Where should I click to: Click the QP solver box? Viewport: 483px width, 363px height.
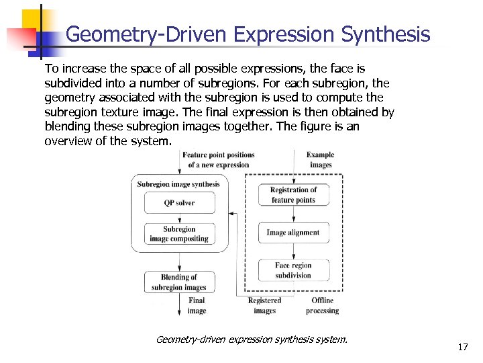[179, 202]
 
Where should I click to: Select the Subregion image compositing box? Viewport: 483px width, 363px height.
[179, 234]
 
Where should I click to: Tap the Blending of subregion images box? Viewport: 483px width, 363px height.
[179, 282]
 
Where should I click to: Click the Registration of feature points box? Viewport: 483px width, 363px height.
[293, 195]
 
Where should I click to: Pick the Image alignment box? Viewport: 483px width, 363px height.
[293, 233]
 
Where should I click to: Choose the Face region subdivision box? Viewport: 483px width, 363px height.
[293, 270]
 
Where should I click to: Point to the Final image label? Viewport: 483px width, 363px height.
[197, 306]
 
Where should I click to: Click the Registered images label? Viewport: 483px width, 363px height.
[264, 306]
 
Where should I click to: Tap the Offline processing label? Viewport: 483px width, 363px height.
[322, 306]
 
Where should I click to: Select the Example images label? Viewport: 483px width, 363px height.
[320, 159]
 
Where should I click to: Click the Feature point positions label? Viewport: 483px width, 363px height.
[218, 159]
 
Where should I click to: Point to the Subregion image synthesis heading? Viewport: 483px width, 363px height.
[178, 184]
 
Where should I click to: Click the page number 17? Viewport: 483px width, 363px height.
[462, 347]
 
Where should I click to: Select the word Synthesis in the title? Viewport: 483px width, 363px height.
[386, 34]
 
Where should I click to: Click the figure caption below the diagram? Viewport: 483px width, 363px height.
[252, 339]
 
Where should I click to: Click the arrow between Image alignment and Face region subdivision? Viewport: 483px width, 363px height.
[293, 251]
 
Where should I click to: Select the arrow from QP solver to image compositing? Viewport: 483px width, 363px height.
[179, 218]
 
